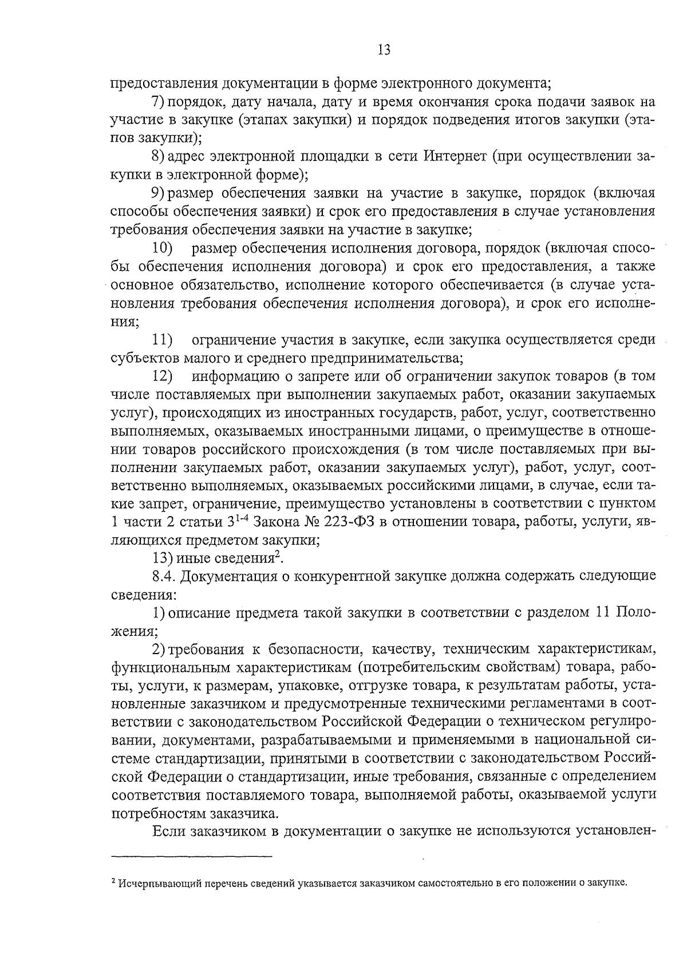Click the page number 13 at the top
click(384, 50)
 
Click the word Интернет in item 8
click(455, 156)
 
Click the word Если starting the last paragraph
click(167, 832)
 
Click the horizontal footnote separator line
click(191, 857)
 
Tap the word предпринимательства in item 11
click(386, 359)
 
